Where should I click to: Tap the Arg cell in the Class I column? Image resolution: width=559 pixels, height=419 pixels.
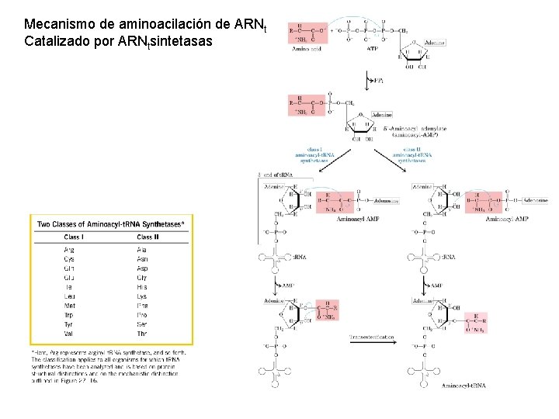(69, 250)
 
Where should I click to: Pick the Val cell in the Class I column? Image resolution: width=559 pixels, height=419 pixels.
(68, 334)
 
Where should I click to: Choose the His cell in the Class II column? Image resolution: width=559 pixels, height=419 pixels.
(142, 287)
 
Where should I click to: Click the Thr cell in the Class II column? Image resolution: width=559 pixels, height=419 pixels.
(142, 334)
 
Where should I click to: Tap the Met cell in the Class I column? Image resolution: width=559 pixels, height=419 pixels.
(69, 306)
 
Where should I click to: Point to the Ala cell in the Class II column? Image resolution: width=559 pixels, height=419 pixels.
(142, 250)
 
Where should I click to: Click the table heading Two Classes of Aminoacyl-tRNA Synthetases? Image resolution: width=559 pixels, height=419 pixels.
(110, 223)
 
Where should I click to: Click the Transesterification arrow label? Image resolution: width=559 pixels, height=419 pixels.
(372, 338)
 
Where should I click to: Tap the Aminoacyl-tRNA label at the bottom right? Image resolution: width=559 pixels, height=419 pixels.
(464, 386)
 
